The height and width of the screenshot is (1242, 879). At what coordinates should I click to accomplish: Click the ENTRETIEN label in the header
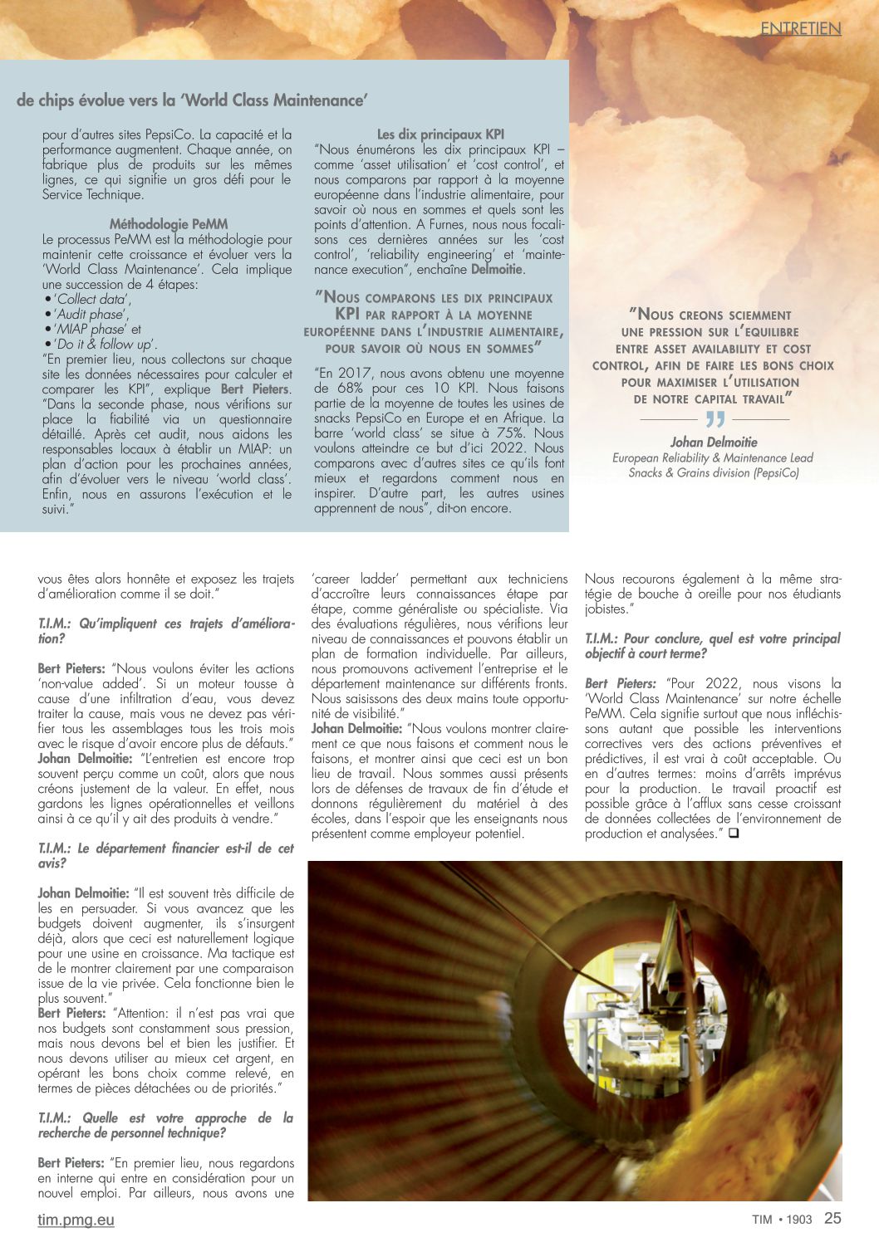(x=801, y=28)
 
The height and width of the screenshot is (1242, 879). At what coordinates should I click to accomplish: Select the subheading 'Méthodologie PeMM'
(x=168, y=224)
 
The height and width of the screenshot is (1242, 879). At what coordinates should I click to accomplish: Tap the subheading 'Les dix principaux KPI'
(x=440, y=134)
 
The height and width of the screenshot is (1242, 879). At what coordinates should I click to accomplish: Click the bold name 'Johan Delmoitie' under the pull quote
(x=714, y=443)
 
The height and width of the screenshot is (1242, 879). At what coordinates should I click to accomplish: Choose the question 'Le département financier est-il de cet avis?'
(x=165, y=856)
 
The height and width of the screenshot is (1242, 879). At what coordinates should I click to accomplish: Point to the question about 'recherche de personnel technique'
(x=165, y=1126)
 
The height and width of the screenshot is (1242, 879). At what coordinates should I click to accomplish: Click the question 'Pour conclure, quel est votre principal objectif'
(x=712, y=646)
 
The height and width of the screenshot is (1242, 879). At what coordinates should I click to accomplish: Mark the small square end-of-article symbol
(x=734, y=834)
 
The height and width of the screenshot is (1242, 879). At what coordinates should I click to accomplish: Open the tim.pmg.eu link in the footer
(x=76, y=1220)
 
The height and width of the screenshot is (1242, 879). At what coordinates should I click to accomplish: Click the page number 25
(x=832, y=1218)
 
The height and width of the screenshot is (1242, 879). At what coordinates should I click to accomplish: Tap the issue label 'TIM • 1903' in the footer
(x=782, y=1220)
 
